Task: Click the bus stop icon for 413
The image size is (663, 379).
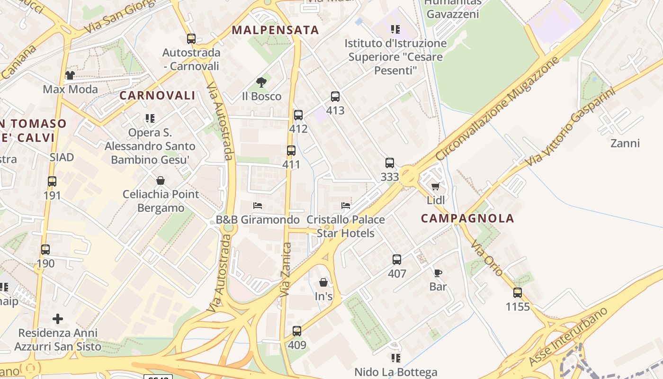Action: pos(335,97)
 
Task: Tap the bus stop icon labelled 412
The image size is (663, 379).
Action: pos(298,115)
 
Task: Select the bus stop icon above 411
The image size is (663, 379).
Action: pos(291,151)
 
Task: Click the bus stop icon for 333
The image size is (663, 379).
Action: pos(390,163)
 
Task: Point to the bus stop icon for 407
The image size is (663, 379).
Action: pos(397,260)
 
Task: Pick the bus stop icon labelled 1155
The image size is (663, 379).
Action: pos(518,293)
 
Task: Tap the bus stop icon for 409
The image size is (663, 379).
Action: pos(297,331)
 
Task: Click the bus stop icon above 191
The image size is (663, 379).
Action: pos(52,181)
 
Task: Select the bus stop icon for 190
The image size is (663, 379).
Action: pos(45,250)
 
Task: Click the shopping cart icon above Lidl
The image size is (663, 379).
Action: pos(436,186)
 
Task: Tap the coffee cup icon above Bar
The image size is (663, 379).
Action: pos(438,273)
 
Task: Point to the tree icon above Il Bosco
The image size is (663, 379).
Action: pos(261,82)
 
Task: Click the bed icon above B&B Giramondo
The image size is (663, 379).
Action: pos(258,206)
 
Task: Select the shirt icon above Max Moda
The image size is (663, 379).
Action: pos(70,75)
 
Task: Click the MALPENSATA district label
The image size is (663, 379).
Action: pos(275,30)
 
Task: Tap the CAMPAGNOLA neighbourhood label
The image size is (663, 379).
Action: pos(467,218)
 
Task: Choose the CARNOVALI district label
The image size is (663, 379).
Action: pos(157,95)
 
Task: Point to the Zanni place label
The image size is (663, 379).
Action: pos(625,143)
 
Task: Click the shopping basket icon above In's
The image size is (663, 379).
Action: pos(323,283)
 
